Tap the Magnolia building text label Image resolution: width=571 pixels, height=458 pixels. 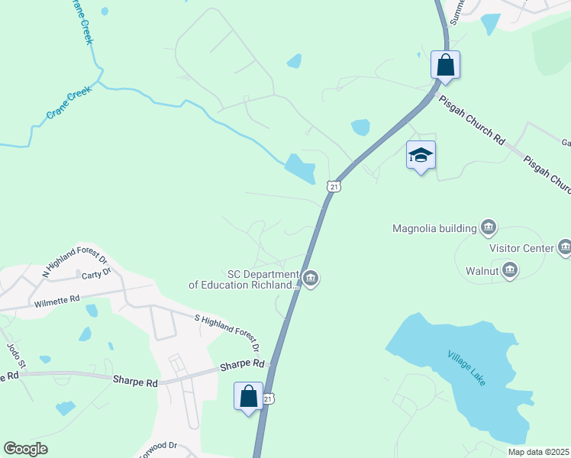434,227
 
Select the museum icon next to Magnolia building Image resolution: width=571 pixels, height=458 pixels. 489,227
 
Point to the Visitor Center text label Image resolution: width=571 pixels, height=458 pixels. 521,247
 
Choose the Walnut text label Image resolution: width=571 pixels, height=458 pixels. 482,270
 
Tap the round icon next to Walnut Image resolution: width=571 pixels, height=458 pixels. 510,270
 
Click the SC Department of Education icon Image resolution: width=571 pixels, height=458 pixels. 310,279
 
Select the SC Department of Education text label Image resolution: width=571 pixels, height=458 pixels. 244,279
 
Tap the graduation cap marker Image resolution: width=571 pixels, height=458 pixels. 421,155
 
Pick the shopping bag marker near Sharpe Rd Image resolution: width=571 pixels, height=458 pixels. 249,396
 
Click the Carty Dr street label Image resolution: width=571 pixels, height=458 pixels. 96,271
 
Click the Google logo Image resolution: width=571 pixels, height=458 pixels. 26,448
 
